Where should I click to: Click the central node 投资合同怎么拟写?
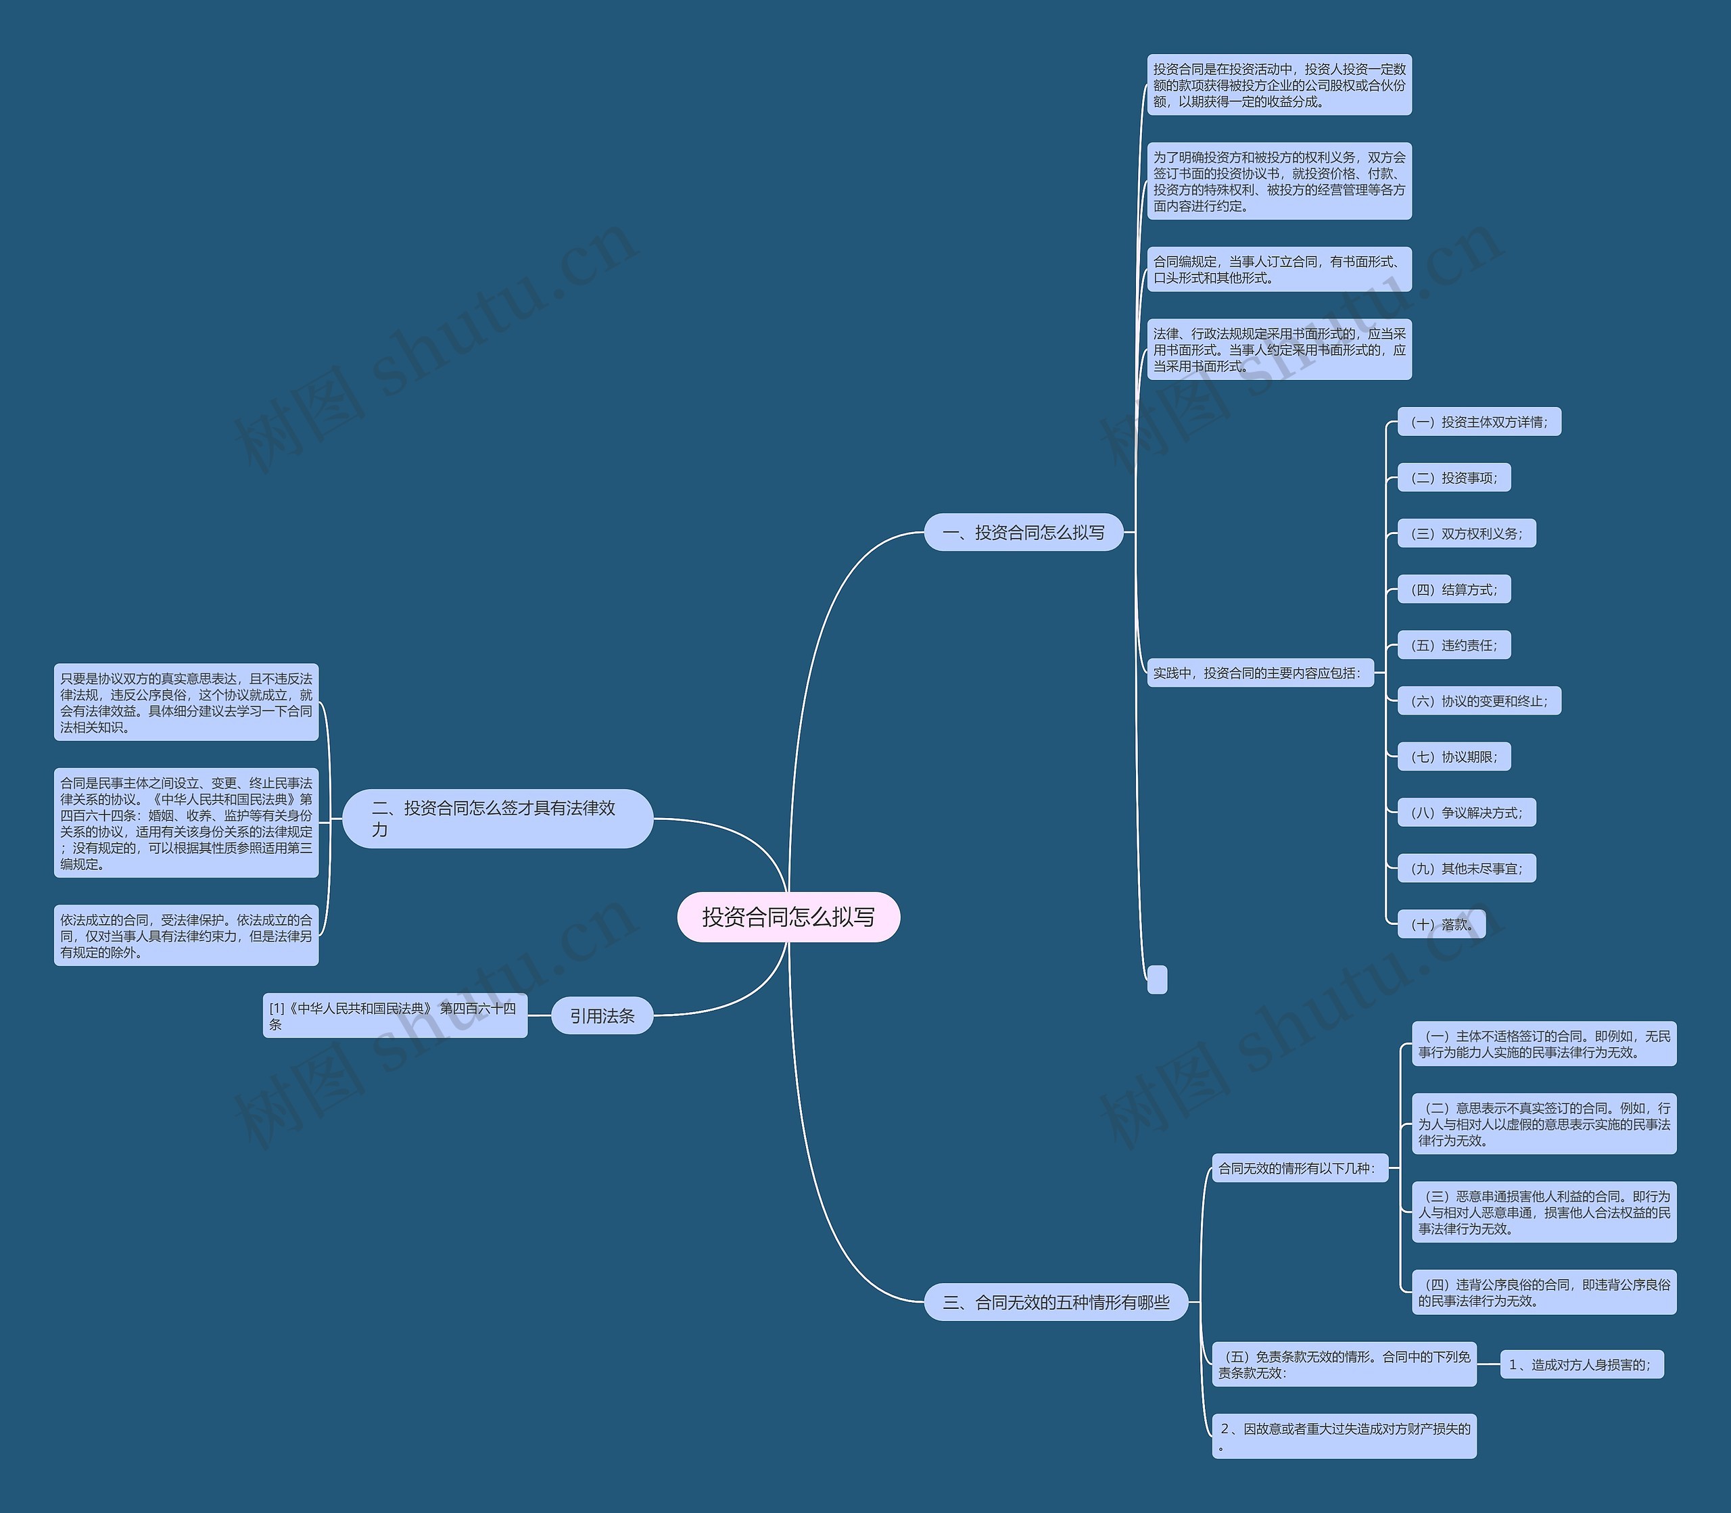(x=788, y=916)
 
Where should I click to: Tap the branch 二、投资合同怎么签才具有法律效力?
(x=498, y=818)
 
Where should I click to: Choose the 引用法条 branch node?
(x=601, y=1015)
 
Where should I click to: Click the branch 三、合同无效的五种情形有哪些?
(x=1056, y=1302)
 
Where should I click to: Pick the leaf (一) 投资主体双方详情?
(x=1479, y=422)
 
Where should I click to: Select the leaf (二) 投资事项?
(x=1453, y=478)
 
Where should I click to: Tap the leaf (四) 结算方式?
(x=1453, y=590)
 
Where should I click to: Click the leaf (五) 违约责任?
(x=1453, y=645)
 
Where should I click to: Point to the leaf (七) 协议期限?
(x=1453, y=756)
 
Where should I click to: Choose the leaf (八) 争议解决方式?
(x=1466, y=812)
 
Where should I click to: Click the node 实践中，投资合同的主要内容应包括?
(x=1259, y=673)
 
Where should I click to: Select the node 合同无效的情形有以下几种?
(x=1299, y=1168)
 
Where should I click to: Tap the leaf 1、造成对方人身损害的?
(x=1581, y=1364)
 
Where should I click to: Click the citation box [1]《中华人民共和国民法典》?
(x=394, y=1015)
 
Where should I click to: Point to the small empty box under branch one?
(x=1157, y=980)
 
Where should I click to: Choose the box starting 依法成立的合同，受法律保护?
(x=186, y=936)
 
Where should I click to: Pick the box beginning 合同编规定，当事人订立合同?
(x=1279, y=269)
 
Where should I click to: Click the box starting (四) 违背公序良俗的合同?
(x=1544, y=1292)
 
